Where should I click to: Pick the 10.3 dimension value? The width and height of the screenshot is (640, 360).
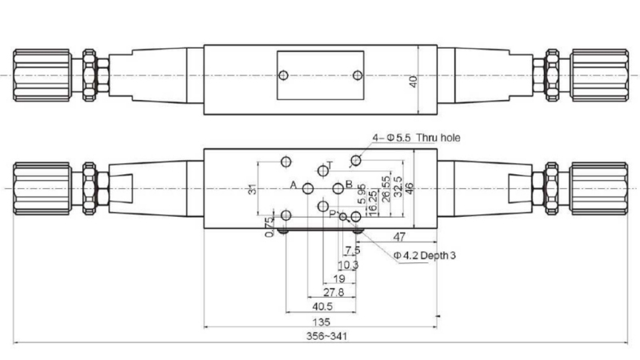tap(347, 265)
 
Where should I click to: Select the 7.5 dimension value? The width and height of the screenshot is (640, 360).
tap(351, 250)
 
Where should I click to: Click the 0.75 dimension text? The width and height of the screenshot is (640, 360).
tap(269, 228)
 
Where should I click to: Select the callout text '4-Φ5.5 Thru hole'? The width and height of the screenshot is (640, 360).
tap(420, 138)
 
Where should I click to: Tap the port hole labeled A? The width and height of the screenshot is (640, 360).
tap(309, 189)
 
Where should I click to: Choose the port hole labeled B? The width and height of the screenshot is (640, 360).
tap(336, 189)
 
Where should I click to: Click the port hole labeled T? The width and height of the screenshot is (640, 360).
tap(322, 170)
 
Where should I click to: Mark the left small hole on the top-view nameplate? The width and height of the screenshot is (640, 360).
tap(282, 77)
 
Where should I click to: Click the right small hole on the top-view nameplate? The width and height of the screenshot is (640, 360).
tap(358, 77)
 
